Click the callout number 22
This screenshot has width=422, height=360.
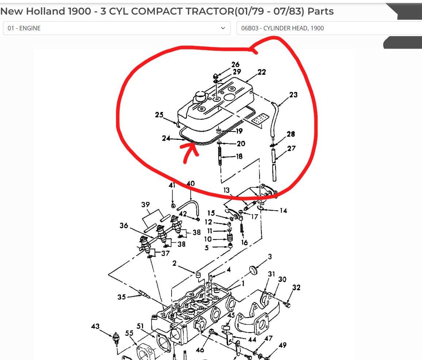(x=262, y=72)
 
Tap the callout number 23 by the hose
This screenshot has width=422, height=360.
(x=294, y=95)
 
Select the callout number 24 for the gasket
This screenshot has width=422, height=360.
(x=166, y=138)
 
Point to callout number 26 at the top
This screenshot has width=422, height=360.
(x=235, y=64)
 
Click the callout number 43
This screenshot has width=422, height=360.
(x=95, y=326)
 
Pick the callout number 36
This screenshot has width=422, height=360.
(x=124, y=226)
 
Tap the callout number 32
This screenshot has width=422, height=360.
(x=296, y=288)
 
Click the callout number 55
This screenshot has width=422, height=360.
(x=129, y=333)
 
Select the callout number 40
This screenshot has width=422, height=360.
(x=191, y=184)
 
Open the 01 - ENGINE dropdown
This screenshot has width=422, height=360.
(x=116, y=28)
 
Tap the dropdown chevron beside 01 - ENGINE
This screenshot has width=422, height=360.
(x=223, y=28)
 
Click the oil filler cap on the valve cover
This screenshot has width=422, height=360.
(x=200, y=96)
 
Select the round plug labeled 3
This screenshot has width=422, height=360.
(x=253, y=270)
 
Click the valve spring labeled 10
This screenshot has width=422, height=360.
(x=230, y=238)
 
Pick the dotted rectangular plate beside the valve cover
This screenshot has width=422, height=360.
(x=260, y=119)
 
